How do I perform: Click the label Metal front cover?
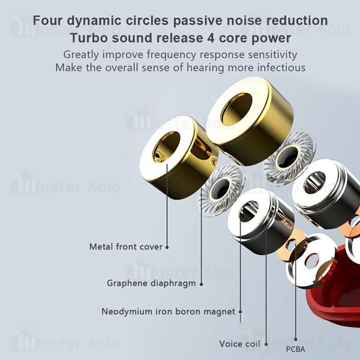[125, 247]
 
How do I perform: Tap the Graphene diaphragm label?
[151, 283]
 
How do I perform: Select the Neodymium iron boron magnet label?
[169, 311]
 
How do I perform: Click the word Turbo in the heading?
[90, 38]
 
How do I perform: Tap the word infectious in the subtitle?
[277, 68]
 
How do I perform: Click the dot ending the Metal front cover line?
[167, 247]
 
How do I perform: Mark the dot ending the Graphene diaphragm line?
[201, 283]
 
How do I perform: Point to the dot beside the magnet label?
[241, 311]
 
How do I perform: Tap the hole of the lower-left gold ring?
[169, 149]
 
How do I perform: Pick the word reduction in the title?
[299, 20]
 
